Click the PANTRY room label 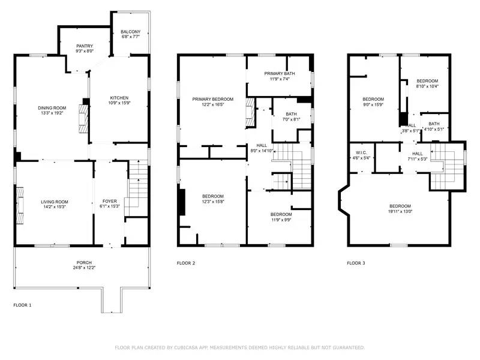pyautogui.click(x=84, y=46)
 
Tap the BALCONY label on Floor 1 pyautogui.click(x=130, y=32)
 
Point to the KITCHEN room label pyautogui.click(x=118, y=98)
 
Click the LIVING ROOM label pyautogui.click(x=55, y=202)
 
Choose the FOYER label pyautogui.click(x=110, y=202)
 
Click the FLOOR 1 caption pyautogui.click(x=22, y=305)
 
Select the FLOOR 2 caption pyautogui.click(x=185, y=263)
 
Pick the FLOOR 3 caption pyautogui.click(x=356, y=263)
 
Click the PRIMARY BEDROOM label pyautogui.click(x=212, y=99)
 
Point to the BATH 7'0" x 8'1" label pyautogui.click(x=291, y=115)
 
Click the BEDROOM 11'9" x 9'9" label pyautogui.click(x=281, y=215)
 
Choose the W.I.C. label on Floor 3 pyautogui.click(x=361, y=153)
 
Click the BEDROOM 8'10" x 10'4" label pyautogui.click(x=427, y=81)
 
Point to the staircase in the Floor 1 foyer pyautogui.click(x=138, y=180)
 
